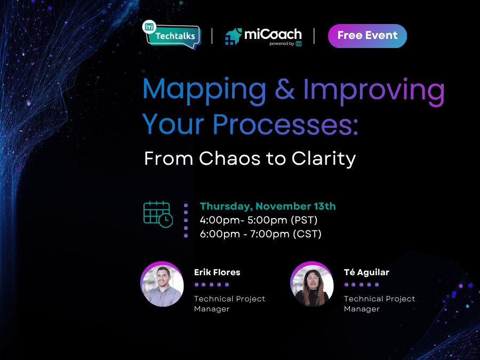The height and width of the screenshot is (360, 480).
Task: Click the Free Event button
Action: pyautogui.click(x=367, y=36)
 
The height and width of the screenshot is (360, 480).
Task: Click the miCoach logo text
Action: pyautogui.click(x=273, y=34)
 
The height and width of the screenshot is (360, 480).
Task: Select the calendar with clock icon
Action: pyautogui.click(x=158, y=214)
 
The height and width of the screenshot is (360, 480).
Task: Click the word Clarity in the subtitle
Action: pyautogui.click(x=324, y=159)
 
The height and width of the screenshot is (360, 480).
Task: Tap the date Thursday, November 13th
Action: pyautogui.click(x=268, y=206)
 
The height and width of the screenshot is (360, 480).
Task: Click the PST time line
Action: pyautogui.click(x=258, y=220)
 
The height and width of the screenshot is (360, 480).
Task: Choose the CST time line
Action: pyautogui.click(x=260, y=234)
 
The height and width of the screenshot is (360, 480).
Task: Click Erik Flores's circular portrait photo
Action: pyautogui.click(x=162, y=284)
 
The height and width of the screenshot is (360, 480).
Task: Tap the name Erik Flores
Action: pyautogui.click(x=217, y=272)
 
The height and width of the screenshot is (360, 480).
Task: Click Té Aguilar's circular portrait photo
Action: pyautogui.click(x=311, y=284)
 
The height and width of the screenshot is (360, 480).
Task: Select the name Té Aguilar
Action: pyautogui.click(x=366, y=272)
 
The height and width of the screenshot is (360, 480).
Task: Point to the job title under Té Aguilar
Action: pyautogui.click(x=379, y=303)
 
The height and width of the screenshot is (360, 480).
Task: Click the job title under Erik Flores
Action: pyautogui.click(x=229, y=303)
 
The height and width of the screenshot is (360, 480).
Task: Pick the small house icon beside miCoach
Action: pyautogui.click(x=233, y=37)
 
